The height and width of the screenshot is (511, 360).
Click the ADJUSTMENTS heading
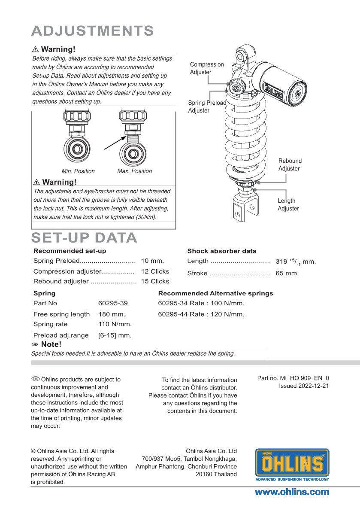click(x=93, y=31)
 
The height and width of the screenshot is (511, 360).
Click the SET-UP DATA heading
click(x=85, y=237)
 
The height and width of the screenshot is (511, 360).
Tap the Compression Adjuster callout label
click(x=207, y=68)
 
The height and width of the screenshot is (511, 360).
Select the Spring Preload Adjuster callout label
click(x=207, y=106)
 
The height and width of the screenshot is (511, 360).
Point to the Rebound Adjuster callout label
click(x=290, y=164)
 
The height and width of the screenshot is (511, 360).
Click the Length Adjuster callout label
click(x=288, y=204)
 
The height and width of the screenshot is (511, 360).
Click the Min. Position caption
click(x=78, y=171)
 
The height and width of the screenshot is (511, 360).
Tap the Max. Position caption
click(x=134, y=171)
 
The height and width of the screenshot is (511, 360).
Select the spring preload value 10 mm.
click(x=152, y=261)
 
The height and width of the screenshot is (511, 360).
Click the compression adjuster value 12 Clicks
click(x=155, y=271)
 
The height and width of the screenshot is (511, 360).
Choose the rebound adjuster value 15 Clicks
click(x=155, y=281)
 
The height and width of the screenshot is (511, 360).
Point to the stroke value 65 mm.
click(x=287, y=273)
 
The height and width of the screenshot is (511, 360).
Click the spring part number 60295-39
click(x=113, y=303)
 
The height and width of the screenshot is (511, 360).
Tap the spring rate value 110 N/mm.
click(x=115, y=324)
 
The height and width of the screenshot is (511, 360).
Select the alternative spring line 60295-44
click(x=201, y=314)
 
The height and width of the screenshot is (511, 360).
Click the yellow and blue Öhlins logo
click(x=292, y=465)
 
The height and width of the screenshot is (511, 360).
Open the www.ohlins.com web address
click(x=292, y=492)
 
